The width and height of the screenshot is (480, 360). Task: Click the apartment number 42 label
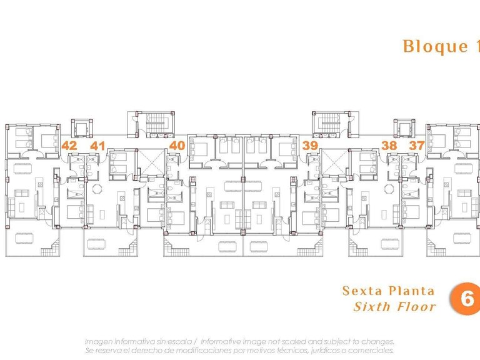[x=69, y=146]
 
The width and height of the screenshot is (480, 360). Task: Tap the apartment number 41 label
[x=97, y=146]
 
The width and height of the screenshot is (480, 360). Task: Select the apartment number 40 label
[x=177, y=146]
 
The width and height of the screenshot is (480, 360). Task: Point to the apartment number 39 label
[x=309, y=146]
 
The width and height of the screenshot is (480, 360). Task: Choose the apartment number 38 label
[x=389, y=146]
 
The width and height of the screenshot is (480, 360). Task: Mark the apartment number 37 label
[x=417, y=146]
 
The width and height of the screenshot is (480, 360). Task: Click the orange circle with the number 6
[x=466, y=298]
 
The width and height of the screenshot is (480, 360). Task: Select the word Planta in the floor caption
[x=413, y=291]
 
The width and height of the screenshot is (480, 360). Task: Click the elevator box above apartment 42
[x=81, y=129]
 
